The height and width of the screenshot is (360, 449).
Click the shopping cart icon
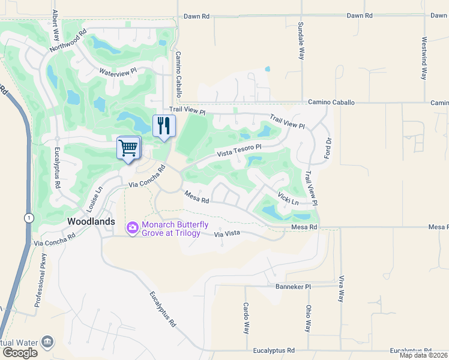point(128,147)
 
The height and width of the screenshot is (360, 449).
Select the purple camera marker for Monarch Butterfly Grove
point(132,228)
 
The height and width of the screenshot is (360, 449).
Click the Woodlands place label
point(91,221)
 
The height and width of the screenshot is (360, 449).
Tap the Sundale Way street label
point(301,41)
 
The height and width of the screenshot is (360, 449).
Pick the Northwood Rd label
point(69,39)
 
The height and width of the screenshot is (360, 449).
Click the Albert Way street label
point(55,23)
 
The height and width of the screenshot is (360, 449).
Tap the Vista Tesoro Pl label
point(240,149)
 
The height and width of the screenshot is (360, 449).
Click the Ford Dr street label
point(328,148)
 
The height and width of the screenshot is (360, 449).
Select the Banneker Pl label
point(294,287)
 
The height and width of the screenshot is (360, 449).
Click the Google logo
point(20,353)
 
